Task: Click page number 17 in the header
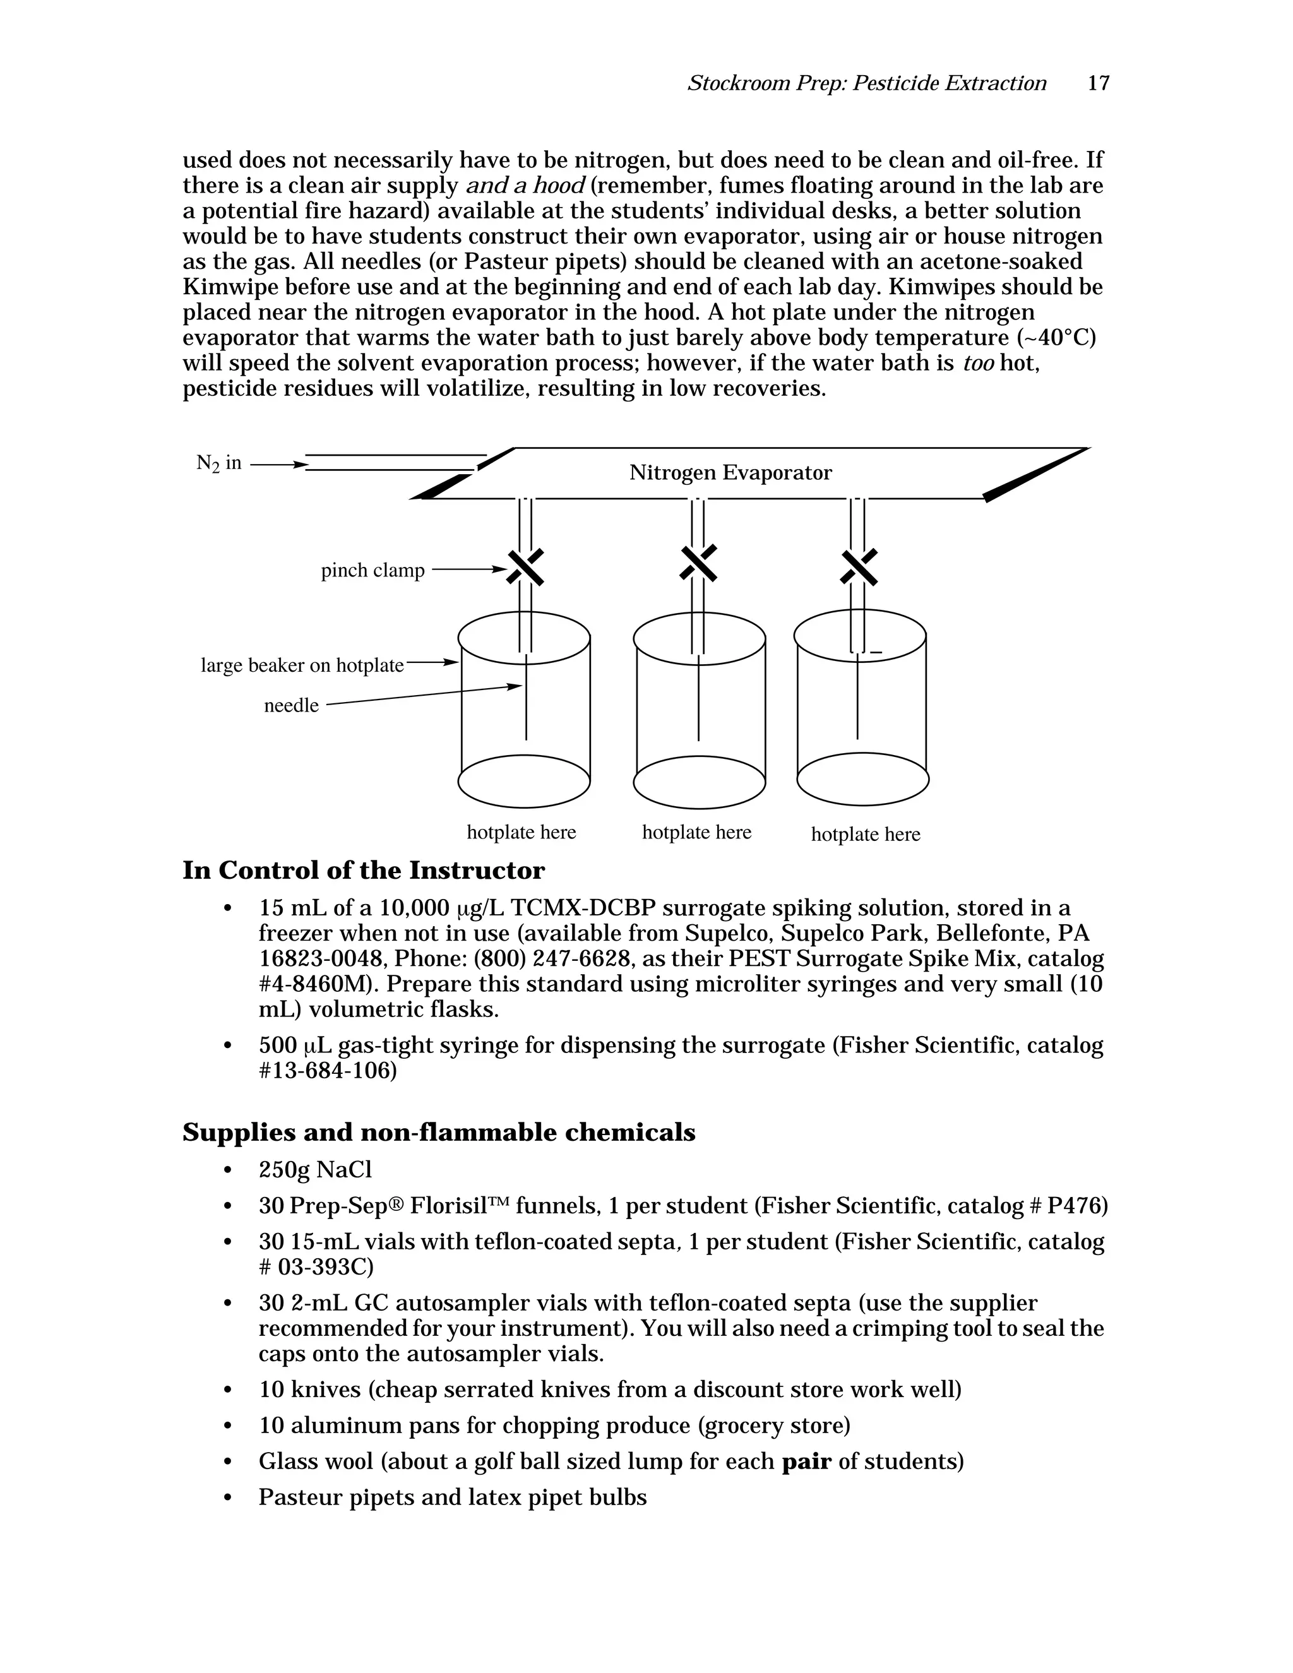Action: coord(1098,83)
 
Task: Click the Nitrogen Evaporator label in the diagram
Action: coord(730,473)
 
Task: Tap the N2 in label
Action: coord(218,463)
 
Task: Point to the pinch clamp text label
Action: coord(372,571)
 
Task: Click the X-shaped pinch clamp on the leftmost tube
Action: coord(525,568)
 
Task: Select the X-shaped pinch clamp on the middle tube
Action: coord(699,563)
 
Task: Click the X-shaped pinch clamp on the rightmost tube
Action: coord(859,567)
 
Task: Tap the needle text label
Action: coord(291,706)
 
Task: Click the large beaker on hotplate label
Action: coord(302,665)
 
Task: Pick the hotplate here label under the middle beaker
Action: coord(696,832)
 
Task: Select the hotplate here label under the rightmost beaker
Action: coord(866,834)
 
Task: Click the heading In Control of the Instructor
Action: coord(363,871)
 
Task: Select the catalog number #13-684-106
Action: coord(328,1071)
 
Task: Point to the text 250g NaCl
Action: coord(315,1170)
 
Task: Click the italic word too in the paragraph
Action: coord(977,363)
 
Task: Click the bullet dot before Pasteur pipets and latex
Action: coord(227,1497)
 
